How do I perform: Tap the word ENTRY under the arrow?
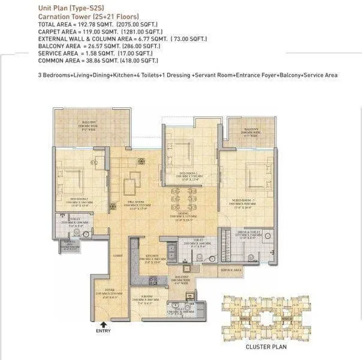pos(103,331)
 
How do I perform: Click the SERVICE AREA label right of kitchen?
pos(230,271)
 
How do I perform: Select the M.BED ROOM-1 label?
pos(246,201)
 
